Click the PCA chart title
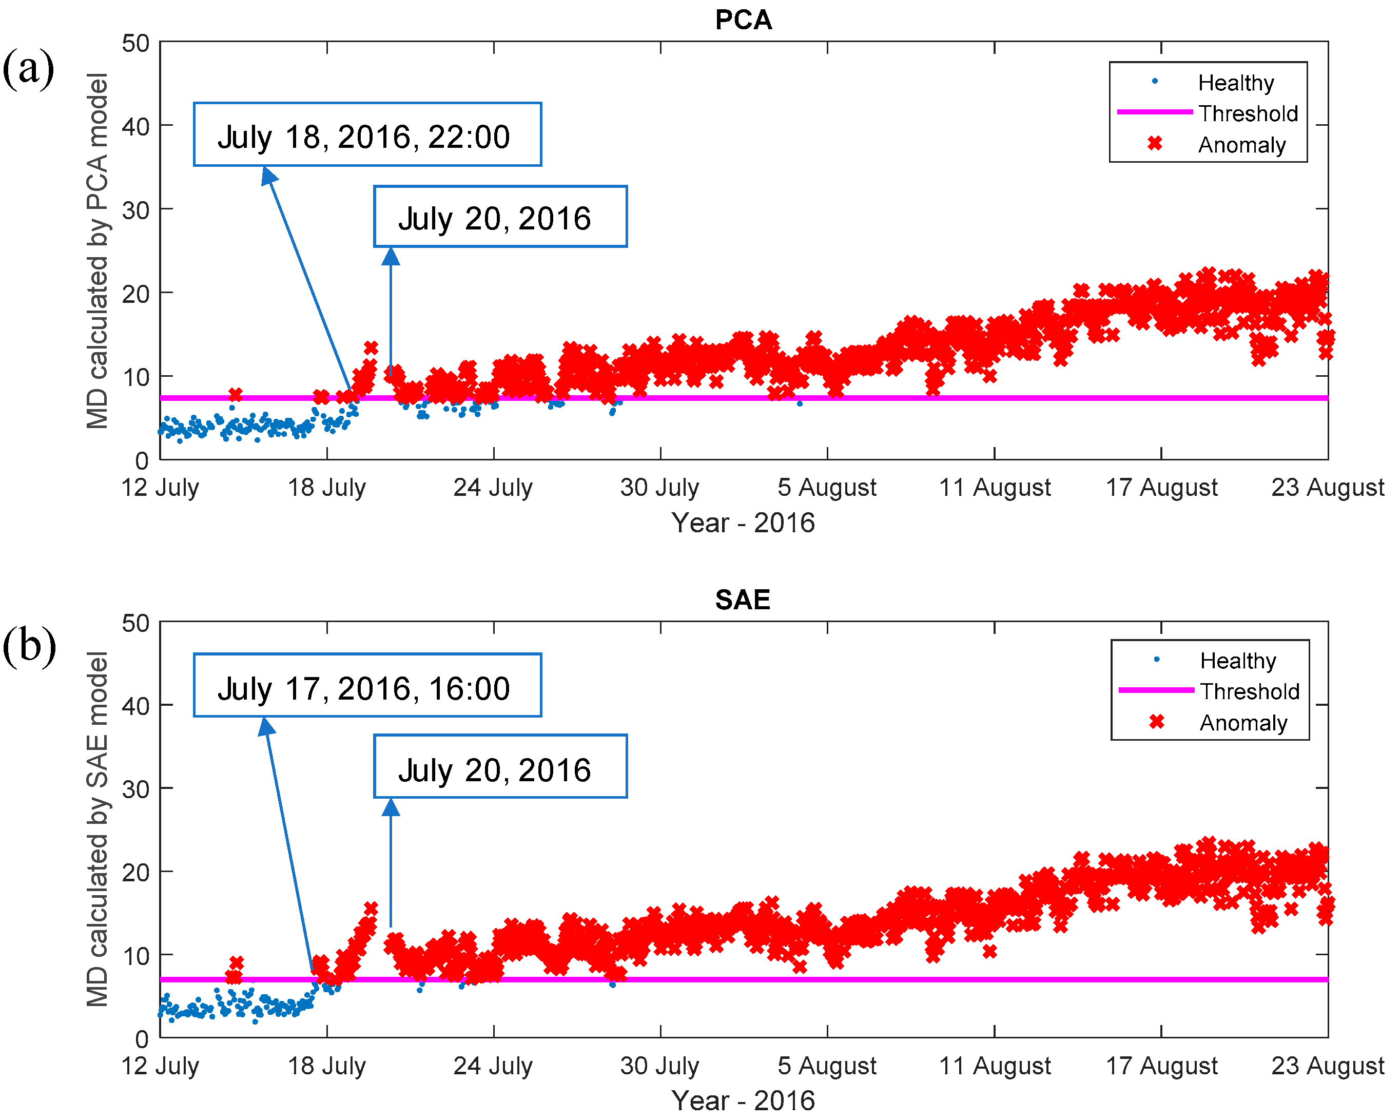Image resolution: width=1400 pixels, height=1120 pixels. point(743,20)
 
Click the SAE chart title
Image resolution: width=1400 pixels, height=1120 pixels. point(742,599)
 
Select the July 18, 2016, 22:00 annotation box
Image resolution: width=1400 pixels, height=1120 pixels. point(367,135)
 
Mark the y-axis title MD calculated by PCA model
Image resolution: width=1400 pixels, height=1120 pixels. point(98,251)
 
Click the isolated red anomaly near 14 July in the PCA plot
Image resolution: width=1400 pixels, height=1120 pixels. point(235,394)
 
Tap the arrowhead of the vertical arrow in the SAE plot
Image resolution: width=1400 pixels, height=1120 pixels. point(390,807)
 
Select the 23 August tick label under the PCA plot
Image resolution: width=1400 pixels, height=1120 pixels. point(1327,487)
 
